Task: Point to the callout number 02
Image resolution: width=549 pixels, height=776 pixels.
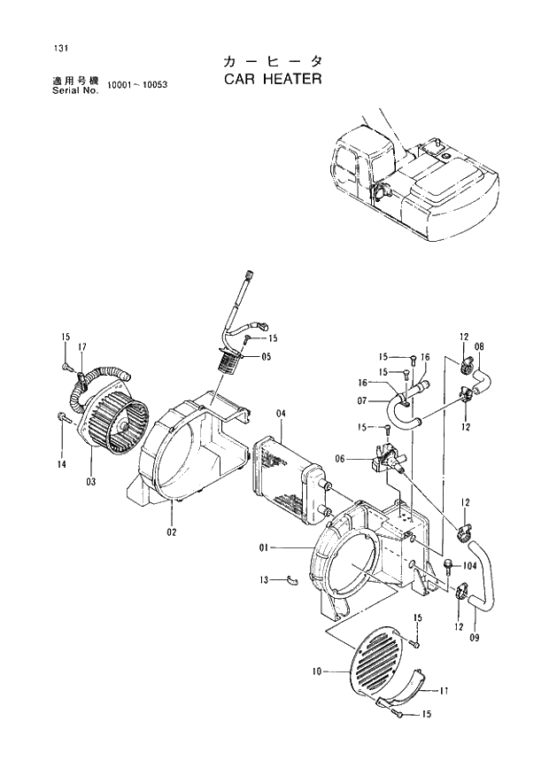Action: pyautogui.click(x=171, y=532)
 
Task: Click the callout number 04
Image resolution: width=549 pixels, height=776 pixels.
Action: pyautogui.click(x=281, y=415)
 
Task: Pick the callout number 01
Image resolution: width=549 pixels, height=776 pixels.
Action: pyautogui.click(x=264, y=549)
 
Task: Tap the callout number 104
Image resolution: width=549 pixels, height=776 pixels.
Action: pyautogui.click(x=470, y=564)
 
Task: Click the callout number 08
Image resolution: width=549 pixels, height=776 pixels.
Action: pyautogui.click(x=479, y=346)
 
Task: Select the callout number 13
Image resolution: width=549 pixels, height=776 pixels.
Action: pyautogui.click(x=263, y=580)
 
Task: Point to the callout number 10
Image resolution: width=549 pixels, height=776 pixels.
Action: pyautogui.click(x=316, y=672)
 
